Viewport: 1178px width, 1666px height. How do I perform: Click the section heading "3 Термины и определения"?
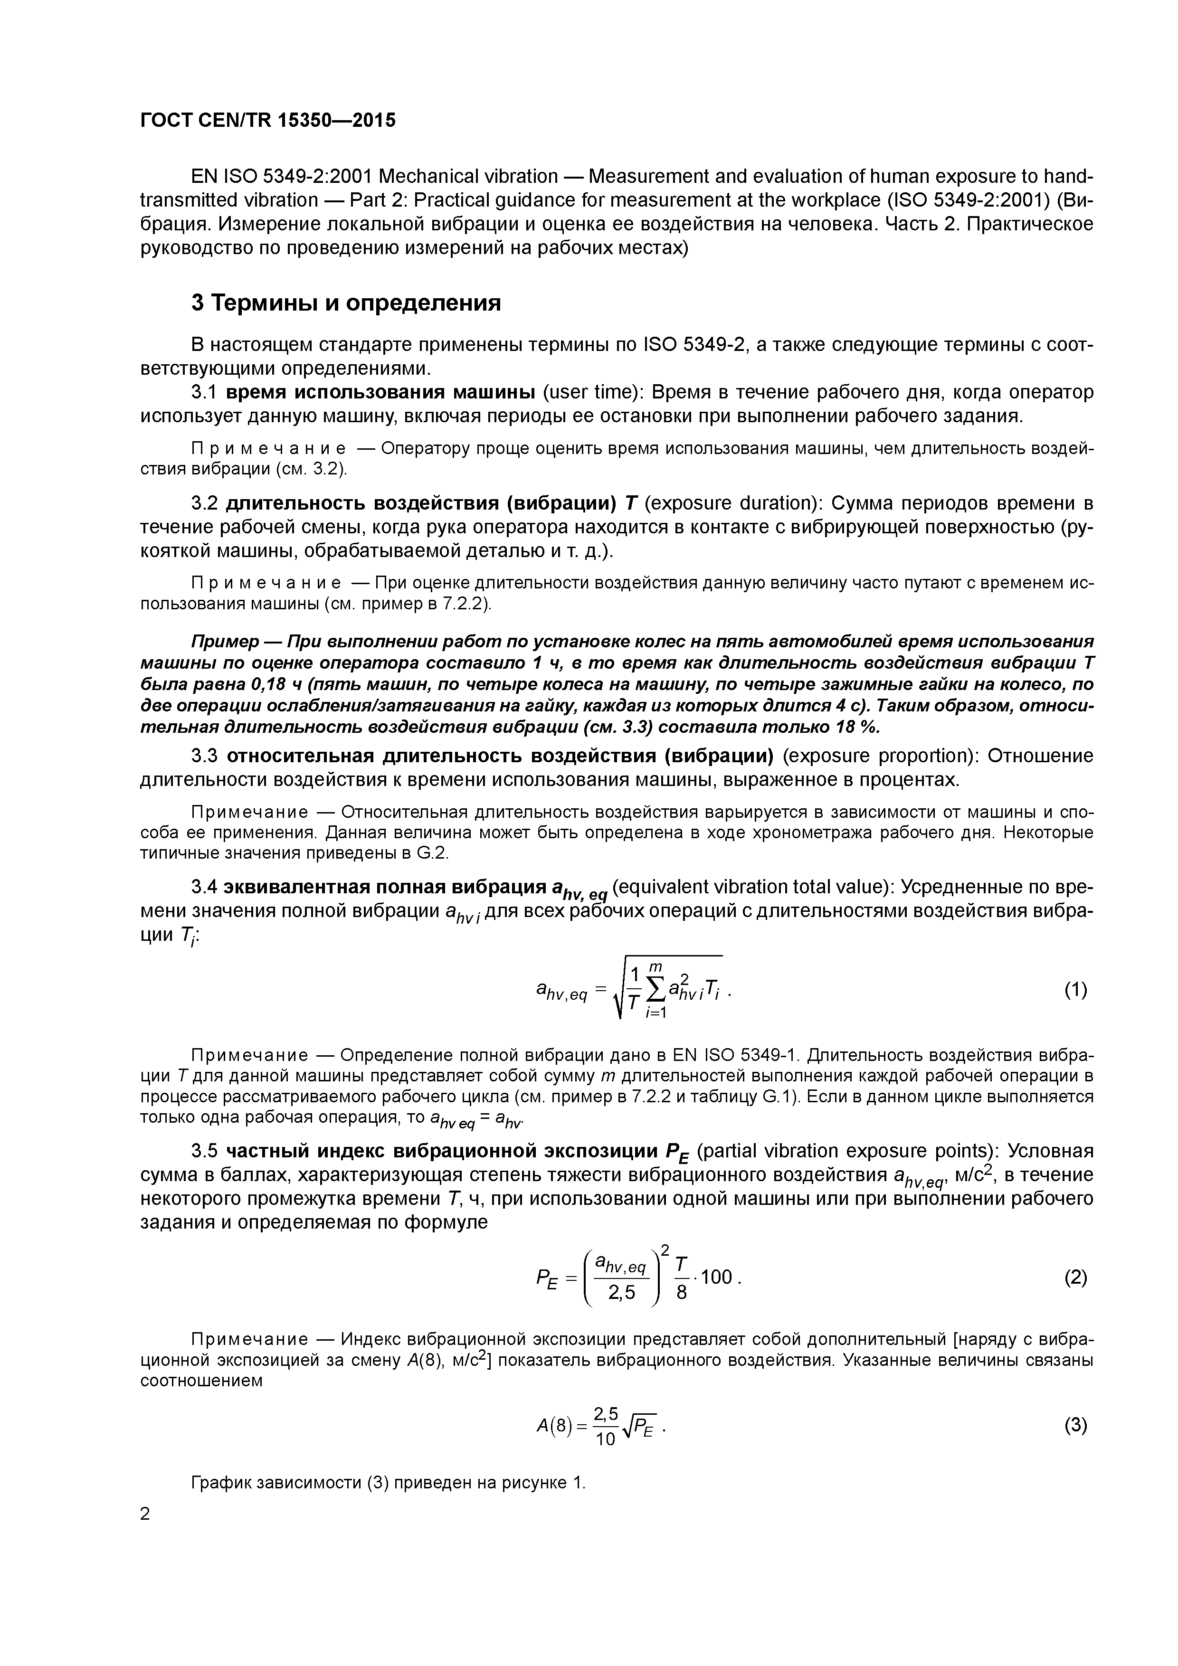pyautogui.click(x=346, y=303)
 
